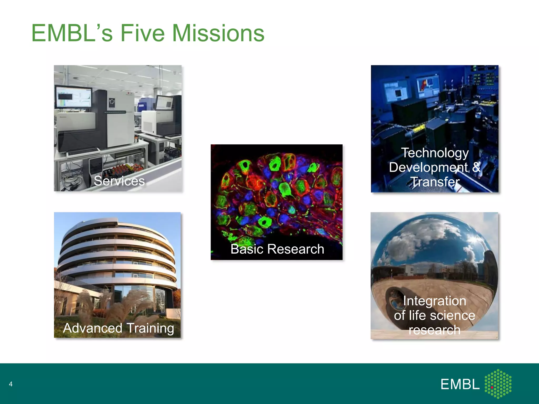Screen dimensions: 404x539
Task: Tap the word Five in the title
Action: tap(142, 33)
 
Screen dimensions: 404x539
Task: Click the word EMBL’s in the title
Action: tap(72, 33)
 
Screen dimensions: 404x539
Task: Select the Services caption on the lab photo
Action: tap(119, 181)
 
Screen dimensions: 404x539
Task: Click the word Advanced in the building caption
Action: tap(93, 328)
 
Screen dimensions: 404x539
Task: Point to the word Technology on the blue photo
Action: tap(435, 153)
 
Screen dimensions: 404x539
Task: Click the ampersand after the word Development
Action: tap(476, 167)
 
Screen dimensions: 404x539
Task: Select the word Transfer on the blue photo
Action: tap(435, 182)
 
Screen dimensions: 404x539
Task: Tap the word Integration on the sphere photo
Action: tap(435, 301)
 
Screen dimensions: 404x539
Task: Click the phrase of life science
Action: tap(435, 315)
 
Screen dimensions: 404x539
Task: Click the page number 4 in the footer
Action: tap(11, 384)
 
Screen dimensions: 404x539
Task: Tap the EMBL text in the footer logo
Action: tap(460, 385)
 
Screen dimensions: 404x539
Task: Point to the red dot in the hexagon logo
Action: tap(492, 387)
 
